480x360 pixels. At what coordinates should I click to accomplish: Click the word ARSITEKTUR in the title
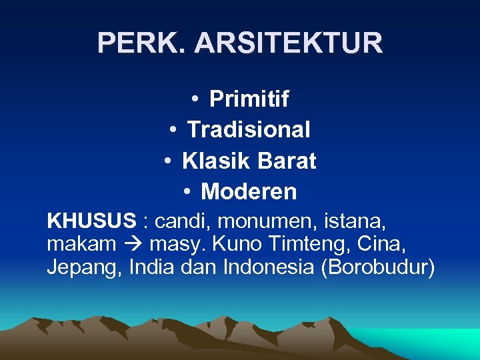(x=289, y=43)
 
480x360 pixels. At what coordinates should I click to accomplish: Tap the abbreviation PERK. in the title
(x=143, y=43)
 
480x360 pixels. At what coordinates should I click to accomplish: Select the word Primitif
(x=249, y=99)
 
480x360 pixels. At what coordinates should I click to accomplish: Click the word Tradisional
(x=249, y=129)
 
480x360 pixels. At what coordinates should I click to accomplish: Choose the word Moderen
(x=249, y=192)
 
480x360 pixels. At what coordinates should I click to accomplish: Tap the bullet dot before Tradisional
(x=172, y=129)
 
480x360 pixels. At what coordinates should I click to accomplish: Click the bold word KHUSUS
(x=91, y=221)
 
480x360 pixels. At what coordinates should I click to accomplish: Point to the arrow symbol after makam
(x=133, y=245)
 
